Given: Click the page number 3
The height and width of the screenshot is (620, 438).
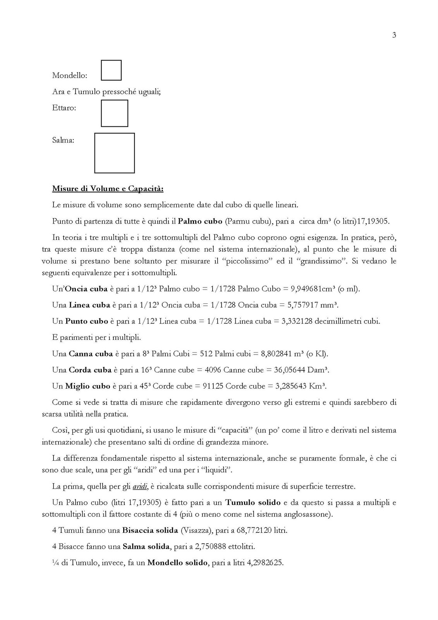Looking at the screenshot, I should click(x=394, y=35).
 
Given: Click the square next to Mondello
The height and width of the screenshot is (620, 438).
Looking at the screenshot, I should click(x=111, y=70).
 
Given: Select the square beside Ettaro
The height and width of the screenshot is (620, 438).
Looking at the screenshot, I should click(x=114, y=113).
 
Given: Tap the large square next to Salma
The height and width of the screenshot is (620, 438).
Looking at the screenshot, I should click(x=114, y=153).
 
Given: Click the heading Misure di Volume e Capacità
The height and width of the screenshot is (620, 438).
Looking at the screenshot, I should click(x=108, y=189).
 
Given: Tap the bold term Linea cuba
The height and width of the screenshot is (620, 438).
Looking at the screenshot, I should click(x=89, y=305).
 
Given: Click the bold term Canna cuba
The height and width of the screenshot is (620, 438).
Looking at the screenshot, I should click(x=91, y=354).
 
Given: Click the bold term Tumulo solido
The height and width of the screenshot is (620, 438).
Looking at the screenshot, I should click(x=253, y=503).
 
